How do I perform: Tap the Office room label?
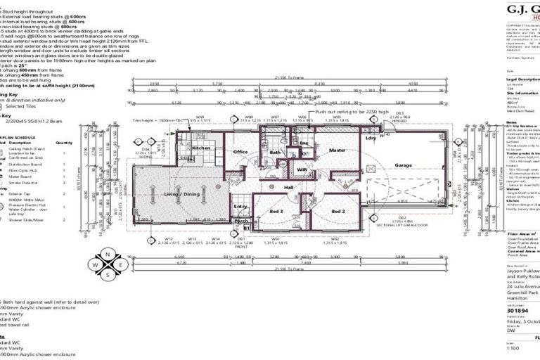241,151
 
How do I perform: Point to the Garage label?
403,165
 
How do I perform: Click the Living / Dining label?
182,194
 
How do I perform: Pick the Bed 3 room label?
276,211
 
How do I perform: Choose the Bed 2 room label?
337,211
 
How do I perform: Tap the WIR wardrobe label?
302,169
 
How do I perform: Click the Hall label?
288,188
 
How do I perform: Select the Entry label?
241,206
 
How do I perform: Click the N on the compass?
107,253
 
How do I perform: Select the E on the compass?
120,266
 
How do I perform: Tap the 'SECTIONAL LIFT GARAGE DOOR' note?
402,224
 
